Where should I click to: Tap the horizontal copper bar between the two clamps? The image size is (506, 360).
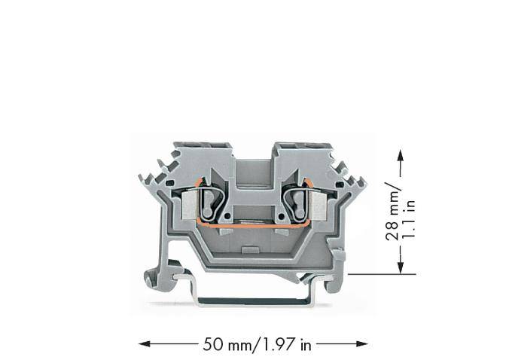(x=251, y=223)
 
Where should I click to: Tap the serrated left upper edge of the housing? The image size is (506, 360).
(x=155, y=177)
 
